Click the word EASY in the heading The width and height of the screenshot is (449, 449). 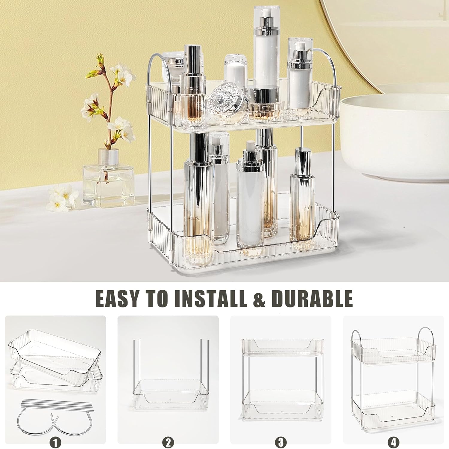click(118, 298)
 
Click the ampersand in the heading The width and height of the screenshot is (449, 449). click(259, 300)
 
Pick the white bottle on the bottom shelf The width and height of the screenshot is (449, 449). click(250, 195)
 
